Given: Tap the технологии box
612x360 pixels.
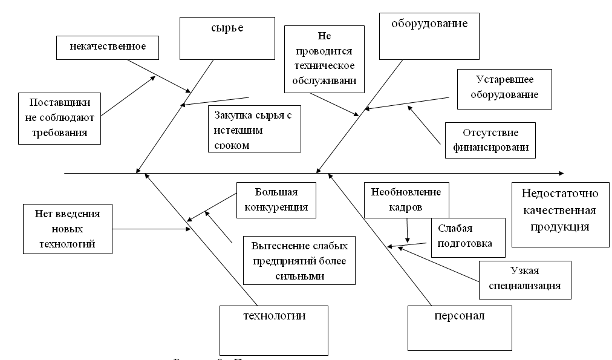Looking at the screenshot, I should [x=273, y=327].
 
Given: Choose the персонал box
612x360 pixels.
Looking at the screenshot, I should [x=460, y=327].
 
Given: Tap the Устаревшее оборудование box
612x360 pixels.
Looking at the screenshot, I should [x=504, y=88].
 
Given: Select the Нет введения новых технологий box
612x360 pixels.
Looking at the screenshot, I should [x=68, y=228].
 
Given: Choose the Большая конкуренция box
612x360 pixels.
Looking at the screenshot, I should [x=276, y=200].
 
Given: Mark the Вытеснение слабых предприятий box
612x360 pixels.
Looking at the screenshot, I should [x=299, y=261].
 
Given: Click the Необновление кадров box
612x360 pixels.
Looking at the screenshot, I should [x=406, y=199].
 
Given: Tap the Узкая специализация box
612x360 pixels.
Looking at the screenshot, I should [x=524, y=279].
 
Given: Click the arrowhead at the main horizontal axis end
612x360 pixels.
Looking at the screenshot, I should [x=561, y=174].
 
